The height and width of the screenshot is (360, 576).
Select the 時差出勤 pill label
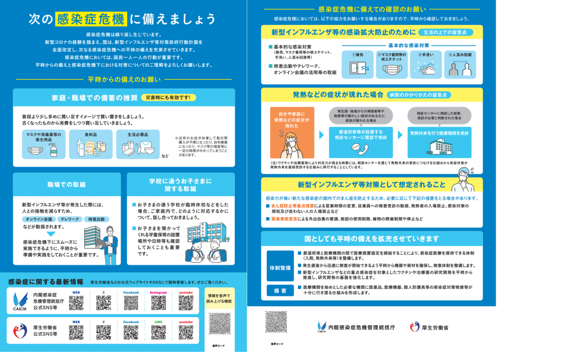point(96,219)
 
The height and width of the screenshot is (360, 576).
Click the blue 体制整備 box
point(280,268)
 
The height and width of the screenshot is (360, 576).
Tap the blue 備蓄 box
point(280,290)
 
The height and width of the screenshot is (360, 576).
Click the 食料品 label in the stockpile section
point(90,134)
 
